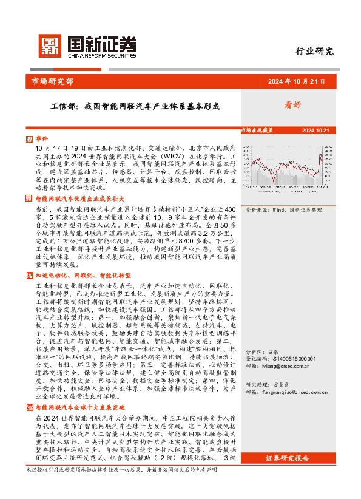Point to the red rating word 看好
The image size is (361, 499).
[x=293, y=105]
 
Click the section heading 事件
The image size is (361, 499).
[x=41, y=138]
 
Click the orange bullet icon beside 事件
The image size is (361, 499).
[x=30, y=138]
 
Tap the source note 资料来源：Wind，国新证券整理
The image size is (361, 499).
[x=283, y=209]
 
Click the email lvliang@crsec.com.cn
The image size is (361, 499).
[x=289, y=367]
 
